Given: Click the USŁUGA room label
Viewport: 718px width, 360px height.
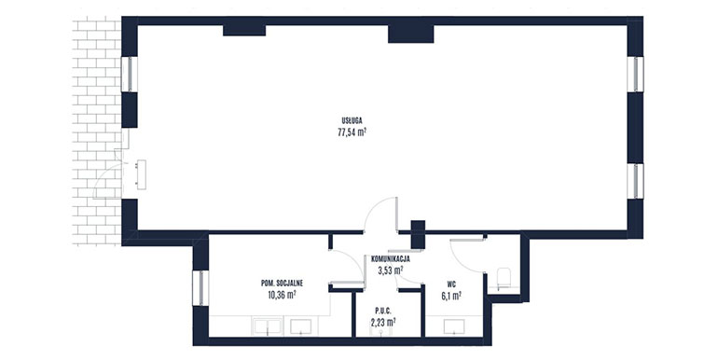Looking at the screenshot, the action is click(x=352, y=121).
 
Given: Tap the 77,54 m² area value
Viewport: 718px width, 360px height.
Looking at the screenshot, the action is click(x=352, y=132).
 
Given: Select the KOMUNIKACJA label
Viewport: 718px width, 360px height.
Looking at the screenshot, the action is click(x=390, y=259).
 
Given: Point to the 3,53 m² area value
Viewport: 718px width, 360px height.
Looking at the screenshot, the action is click(x=390, y=270).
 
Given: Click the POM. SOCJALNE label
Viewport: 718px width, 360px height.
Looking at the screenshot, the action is click(x=282, y=284).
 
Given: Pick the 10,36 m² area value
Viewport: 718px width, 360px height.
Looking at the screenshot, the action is click(x=282, y=295).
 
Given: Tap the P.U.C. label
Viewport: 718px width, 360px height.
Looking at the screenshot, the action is click(x=383, y=311).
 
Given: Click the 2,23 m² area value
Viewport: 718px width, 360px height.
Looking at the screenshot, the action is click(x=383, y=322).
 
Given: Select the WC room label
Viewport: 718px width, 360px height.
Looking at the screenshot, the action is click(x=451, y=284).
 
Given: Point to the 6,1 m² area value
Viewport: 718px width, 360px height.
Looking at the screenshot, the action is click(x=451, y=296).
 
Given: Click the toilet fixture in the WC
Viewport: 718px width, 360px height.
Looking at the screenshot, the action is click(x=504, y=280).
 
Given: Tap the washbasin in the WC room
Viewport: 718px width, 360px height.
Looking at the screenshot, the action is click(x=454, y=326).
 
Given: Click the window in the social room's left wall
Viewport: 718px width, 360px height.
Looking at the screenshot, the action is click(x=200, y=288).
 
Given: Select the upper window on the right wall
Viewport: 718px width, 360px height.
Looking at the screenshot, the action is click(x=635, y=75).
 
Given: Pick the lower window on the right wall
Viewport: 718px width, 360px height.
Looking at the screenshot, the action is click(x=635, y=181).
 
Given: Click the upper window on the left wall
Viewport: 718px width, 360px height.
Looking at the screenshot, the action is click(x=129, y=75).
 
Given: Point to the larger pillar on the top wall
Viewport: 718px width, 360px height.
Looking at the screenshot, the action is click(x=410, y=34).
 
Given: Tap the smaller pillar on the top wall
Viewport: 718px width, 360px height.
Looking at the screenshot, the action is click(x=244, y=30).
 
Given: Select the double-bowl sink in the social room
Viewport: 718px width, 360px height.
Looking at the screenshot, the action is click(x=267, y=326).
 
